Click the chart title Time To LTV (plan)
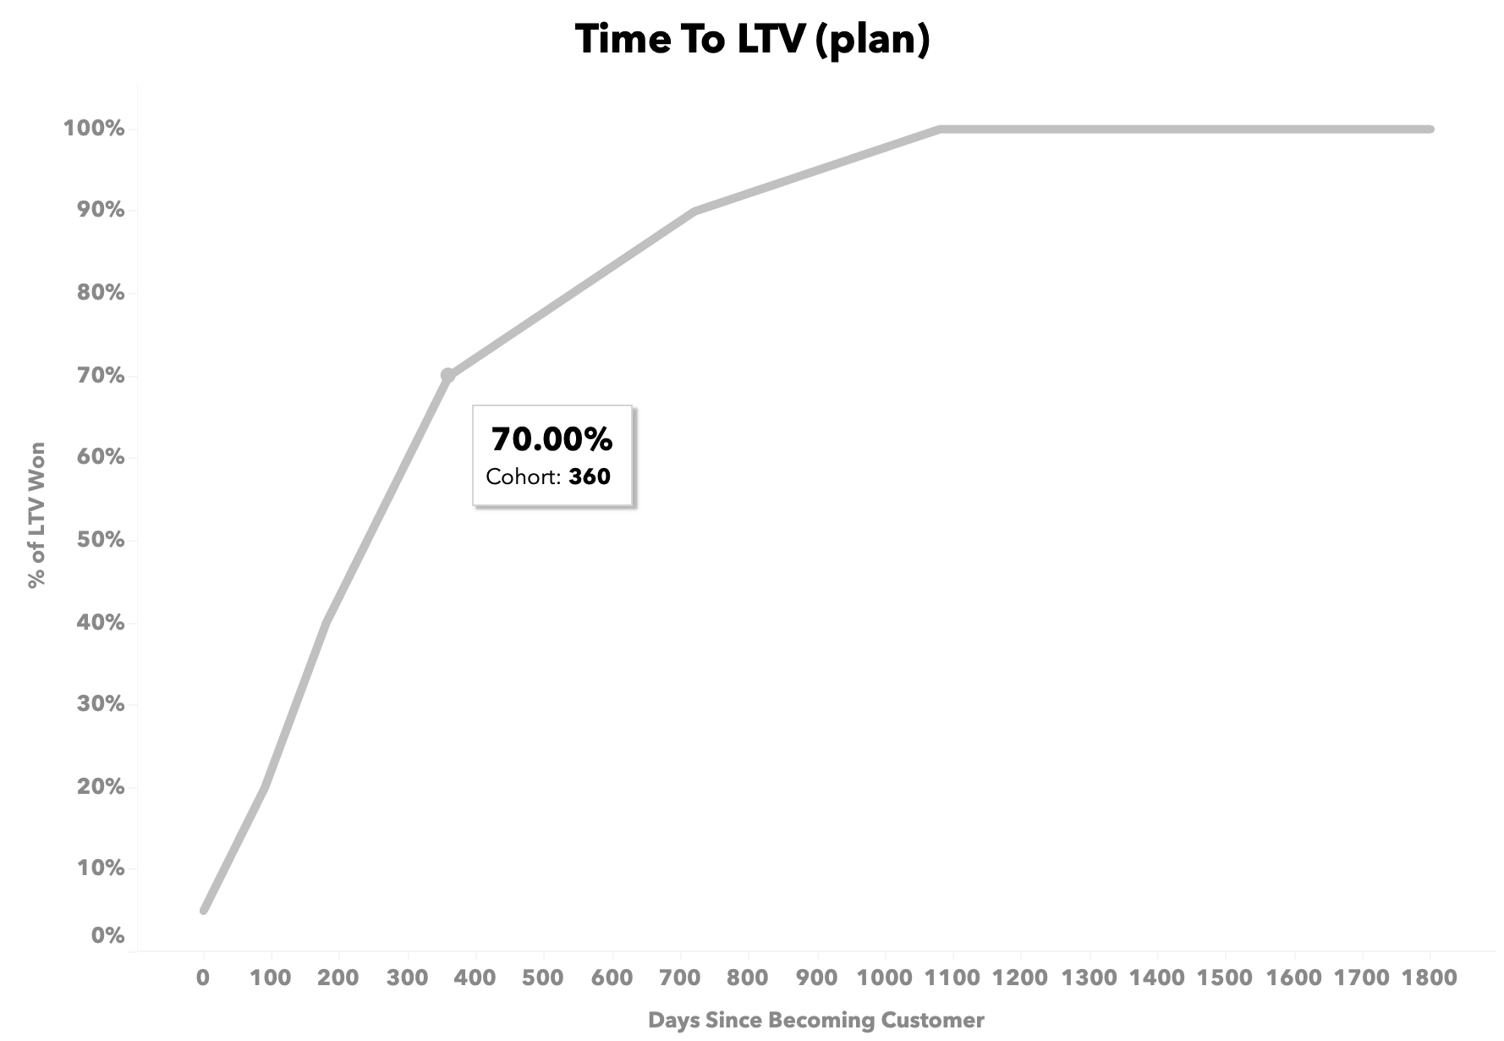tap(752, 40)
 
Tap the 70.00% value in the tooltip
tap(552, 439)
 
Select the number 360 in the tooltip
tap(590, 476)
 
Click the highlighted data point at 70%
tap(447, 375)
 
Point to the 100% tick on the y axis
tap(94, 129)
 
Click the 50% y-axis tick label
tap(101, 540)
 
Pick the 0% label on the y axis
tap(107, 936)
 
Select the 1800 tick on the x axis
tap(1430, 978)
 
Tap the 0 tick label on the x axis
tap(203, 978)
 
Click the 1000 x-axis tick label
tap(886, 978)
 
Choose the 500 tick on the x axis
tap(543, 978)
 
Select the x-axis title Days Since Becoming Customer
tap(815, 1020)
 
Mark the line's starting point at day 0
tap(204, 910)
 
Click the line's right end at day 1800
tap(1430, 129)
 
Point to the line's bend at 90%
tap(694, 211)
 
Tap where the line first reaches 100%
tap(940, 129)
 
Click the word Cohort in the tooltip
tap(522, 476)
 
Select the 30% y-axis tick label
tap(101, 704)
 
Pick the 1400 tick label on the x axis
tap(1157, 978)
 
